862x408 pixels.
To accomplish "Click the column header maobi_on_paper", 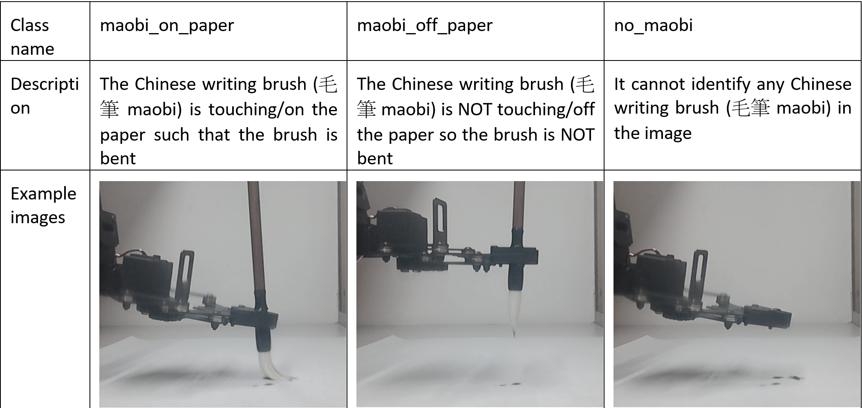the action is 167,25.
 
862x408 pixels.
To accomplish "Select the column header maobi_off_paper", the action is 425,25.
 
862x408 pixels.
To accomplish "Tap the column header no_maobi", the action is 653,25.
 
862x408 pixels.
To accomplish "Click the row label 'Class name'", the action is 32,37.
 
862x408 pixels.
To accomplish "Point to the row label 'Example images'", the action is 43,205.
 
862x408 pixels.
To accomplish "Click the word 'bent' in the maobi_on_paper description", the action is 118,158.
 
